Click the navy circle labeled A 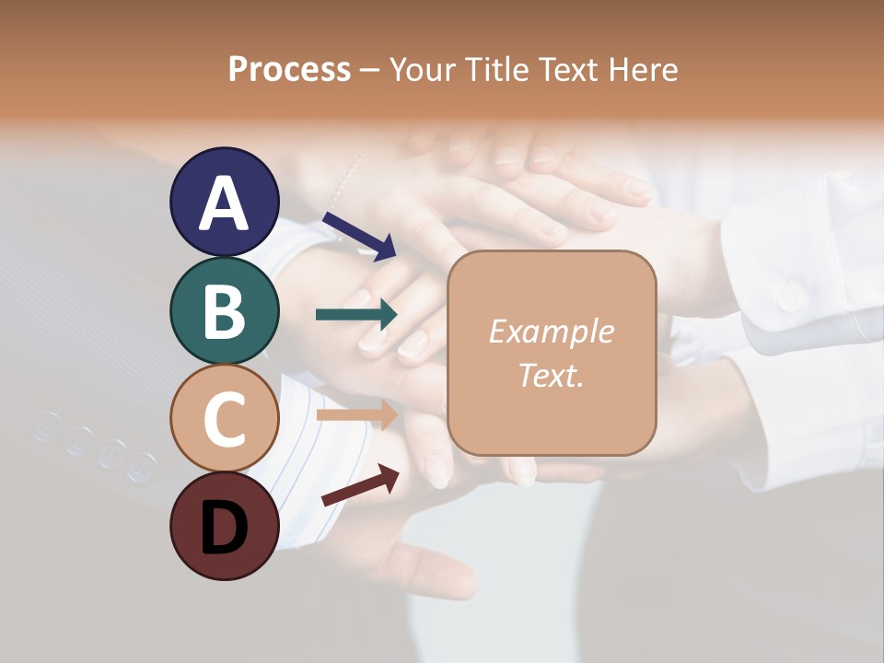(x=225, y=202)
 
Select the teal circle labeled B (x=225, y=310)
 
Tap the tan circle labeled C (x=225, y=417)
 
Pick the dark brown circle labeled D (x=225, y=526)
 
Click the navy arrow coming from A (x=359, y=234)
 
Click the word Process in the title (x=289, y=69)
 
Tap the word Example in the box (x=551, y=331)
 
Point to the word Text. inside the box (x=551, y=375)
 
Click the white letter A (x=225, y=204)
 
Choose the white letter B (x=225, y=311)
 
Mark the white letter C (x=225, y=419)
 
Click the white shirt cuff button (x=788, y=297)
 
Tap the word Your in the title (x=423, y=69)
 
